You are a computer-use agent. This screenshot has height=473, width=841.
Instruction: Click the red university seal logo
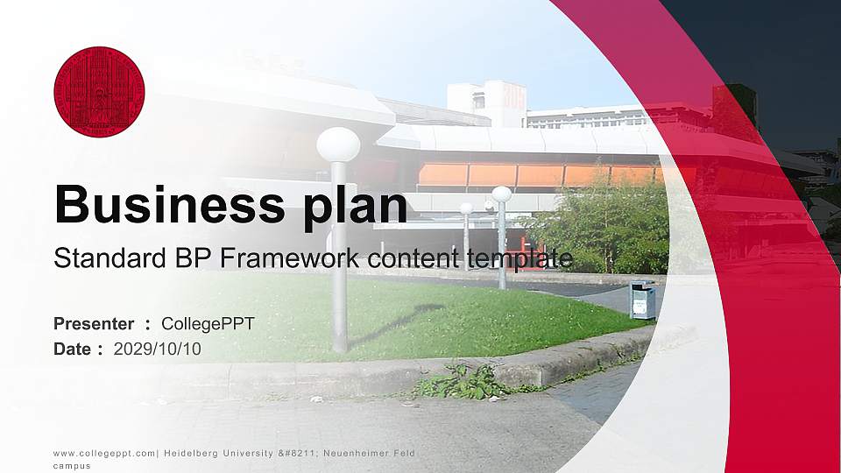(x=99, y=92)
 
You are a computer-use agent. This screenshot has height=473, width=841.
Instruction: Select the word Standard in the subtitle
(x=97, y=258)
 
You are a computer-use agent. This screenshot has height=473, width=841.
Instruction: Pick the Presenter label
(x=94, y=324)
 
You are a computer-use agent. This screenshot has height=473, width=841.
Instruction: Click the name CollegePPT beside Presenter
(x=208, y=324)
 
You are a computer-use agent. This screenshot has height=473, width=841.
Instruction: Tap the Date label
(x=73, y=349)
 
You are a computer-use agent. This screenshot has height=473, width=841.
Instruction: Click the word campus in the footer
(x=71, y=467)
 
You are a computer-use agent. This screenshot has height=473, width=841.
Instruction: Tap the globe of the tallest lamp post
(x=338, y=145)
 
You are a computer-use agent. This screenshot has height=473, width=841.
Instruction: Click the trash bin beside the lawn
(x=642, y=300)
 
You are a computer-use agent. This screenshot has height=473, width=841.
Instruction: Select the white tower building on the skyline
(x=486, y=102)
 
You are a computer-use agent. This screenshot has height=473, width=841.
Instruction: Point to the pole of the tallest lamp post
(x=339, y=263)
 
